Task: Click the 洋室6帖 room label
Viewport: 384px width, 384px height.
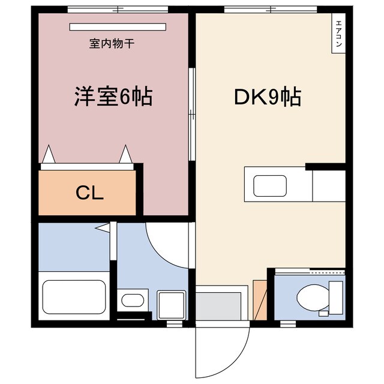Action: pos(113,97)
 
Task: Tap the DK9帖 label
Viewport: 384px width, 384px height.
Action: pos(267,97)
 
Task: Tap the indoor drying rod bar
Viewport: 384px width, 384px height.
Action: pos(117,26)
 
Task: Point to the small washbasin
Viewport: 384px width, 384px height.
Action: pos(131,299)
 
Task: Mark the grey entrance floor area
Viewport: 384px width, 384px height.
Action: pos(221,307)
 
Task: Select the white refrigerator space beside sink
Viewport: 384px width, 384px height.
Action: pos(328,185)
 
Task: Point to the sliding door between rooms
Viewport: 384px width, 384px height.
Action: pos(191,114)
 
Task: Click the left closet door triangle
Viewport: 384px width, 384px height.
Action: pos(49,155)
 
